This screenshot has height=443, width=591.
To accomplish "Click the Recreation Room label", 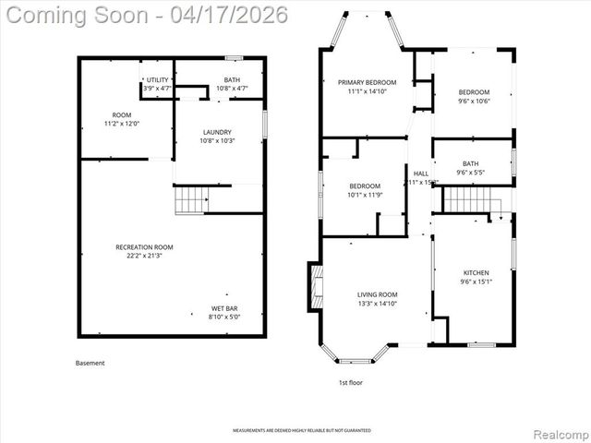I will tap(144, 246).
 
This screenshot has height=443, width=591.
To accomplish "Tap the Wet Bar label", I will tap(224, 308).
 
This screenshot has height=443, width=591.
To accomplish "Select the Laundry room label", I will tap(216, 132).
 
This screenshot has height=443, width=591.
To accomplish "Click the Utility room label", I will tap(158, 80).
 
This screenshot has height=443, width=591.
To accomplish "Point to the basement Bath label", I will tap(232, 80).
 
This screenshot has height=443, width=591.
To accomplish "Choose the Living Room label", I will tap(377, 294).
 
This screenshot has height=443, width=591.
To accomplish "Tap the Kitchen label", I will tap(476, 273).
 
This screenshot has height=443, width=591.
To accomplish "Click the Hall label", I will tap(421, 174).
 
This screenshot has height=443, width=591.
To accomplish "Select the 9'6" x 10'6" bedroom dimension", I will tap(475, 102).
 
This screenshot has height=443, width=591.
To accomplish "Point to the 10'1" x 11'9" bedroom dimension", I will tap(364, 195).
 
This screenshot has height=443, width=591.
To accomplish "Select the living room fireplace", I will tap(315, 291).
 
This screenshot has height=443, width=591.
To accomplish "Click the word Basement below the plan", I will tap(90, 363).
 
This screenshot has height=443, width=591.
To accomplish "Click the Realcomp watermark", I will tap(558, 432).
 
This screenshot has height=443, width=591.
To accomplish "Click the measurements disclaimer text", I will tap(295, 431).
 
